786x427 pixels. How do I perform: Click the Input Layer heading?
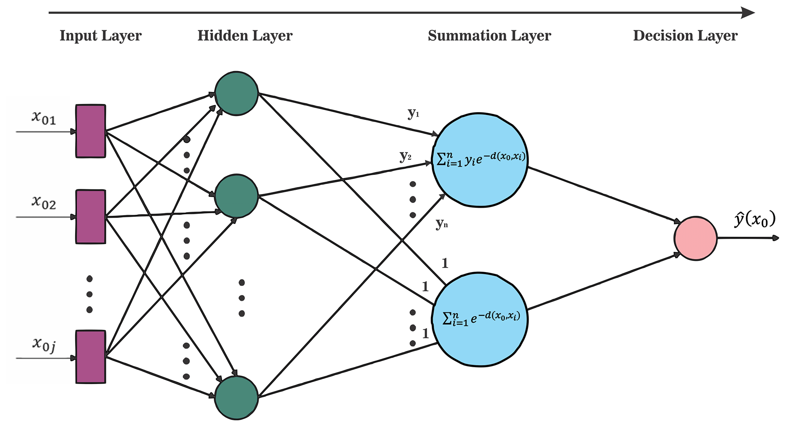(x=100, y=36)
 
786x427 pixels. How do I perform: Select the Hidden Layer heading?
(x=245, y=36)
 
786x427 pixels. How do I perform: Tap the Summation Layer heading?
(x=489, y=36)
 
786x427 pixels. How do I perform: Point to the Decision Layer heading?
(x=685, y=36)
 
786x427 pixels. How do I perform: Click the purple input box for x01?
(x=91, y=131)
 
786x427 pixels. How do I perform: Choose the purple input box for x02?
(x=91, y=217)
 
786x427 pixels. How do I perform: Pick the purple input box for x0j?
(x=91, y=357)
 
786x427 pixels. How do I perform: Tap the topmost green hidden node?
(x=237, y=93)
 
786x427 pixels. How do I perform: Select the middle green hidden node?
(x=237, y=196)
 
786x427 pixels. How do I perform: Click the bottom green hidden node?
(x=237, y=398)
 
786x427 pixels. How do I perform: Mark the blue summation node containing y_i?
(x=480, y=160)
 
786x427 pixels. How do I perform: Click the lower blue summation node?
(x=480, y=319)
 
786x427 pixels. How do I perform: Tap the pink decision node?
(x=695, y=239)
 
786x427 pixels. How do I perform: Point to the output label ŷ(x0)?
(x=754, y=220)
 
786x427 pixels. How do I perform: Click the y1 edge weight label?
(x=413, y=113)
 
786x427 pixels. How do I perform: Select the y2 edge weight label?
(x=405, y=156)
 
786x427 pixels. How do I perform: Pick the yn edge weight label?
(x=441, y=224)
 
